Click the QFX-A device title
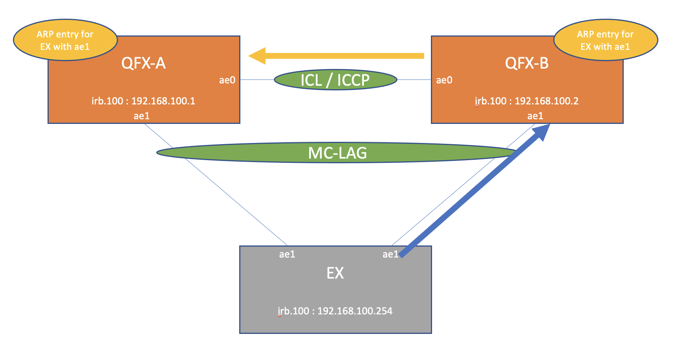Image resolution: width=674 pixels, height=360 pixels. pyautogui.click(x=143, y=63)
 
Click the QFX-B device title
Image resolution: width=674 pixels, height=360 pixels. pyautogui.click(x=527, y=63)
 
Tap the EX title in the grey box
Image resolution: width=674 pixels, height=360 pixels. pyautogui.click(x=335, y=273)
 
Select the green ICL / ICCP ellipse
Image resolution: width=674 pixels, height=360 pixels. pyautogui.click(x=335, y=80)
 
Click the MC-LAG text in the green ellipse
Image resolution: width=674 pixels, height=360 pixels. pyautogui.click(x=337, y=153)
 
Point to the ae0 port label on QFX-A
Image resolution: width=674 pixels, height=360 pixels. pyautogui.click(x=227, y=80)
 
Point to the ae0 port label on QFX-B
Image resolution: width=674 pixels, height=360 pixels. pyautogui.click(x=444, y=80)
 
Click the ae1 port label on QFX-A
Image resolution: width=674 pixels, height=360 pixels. pyautogui.click(x=141, y=116)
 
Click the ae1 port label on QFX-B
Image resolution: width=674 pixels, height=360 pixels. pyautogui.click(x=535, y=116)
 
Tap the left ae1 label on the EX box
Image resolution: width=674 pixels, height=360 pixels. pyautogui.click(x=287, y=254)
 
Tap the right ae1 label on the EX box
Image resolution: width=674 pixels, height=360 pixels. pyautogui.click(x=390, y=254)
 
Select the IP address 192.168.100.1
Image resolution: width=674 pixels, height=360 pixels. pyautogui.click(x=163, y=101)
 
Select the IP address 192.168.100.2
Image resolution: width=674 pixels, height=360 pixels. pyautogui.click(x=547, y=101)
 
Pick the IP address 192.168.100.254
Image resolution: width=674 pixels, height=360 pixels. pyautogui.click(x=355, y=311)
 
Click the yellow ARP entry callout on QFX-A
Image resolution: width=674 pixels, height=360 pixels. pyautogui.click(x=65, y=40)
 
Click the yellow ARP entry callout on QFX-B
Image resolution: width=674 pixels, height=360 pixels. pyautogui.click(x=605, y=40)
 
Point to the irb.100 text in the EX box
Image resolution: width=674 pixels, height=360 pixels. pyautogui.click(x=293, y=311)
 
